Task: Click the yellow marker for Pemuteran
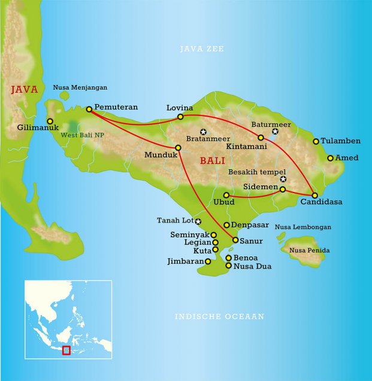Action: (x=89, y=109)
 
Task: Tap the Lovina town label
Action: (x=180, y=108)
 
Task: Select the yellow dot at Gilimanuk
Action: (x=50, y=121)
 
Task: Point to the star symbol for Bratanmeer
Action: (x=203, y=132)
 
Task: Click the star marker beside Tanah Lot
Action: (x=198, y=221)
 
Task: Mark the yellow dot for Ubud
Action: (x=226, y=195)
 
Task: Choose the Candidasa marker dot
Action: (x=314, y=195)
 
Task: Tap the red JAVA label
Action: (x=24, y=90)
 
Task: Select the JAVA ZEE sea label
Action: (x=202, y=49)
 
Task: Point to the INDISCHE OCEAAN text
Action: (x=219, y=316)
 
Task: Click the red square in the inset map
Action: (x=66, y=350)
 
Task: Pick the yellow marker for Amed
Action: (x=330, y=159)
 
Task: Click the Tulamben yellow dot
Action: (x=316, y=142)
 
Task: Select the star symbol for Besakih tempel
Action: (x=283, y=179)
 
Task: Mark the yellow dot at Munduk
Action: (x=178, y=148)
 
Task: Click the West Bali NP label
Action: (x=83, y=135)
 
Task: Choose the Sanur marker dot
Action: (x=235, y=240)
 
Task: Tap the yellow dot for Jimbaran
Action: (x=208, y=261)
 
